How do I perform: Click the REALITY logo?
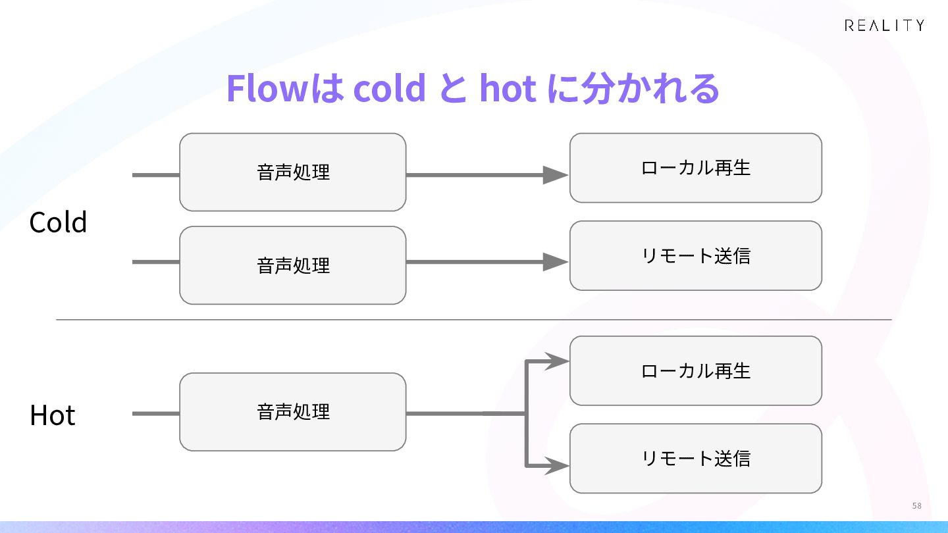pos(884,26)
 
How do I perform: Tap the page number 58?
pos(916,505)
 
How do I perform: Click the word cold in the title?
pos(389,88)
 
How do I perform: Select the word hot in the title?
pos(508,88)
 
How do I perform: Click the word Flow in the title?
pos(267,88)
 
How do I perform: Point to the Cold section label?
pos(58,222)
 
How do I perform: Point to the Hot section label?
pos(53,415)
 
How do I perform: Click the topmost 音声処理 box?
pos(293,172)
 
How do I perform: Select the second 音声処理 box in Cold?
pos(293,265)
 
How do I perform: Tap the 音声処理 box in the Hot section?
pos(293,412)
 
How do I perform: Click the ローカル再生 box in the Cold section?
pos(696,168)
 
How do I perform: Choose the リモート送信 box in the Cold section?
pos(696,255)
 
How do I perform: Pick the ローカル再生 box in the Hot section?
pos(696,370)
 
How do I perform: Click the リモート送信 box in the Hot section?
pos(696,458)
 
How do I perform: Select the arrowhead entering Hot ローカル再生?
pos(557,361)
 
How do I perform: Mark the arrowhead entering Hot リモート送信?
pos(557,466)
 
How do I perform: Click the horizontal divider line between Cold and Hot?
pos(474,320)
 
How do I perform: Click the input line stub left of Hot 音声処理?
pos(156,414)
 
